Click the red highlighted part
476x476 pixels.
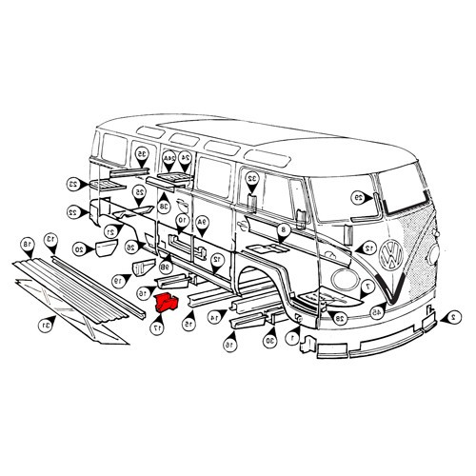pyautogui.click(x=168, y=304)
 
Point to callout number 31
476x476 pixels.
pyautogui.click(x=44, y=325)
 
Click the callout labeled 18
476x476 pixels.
pyautogui.click(x=28, y=246)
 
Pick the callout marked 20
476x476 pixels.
pyautogui.click(x=79, y=249)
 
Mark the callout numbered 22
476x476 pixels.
pyautogui.click(x=72, y=211)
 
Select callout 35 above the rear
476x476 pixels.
pyautogui.click(x=141, y=153)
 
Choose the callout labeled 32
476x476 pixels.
pyautogui.click(x=252, y=179)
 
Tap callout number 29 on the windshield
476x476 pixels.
pyautogui.click(x=358, y=197)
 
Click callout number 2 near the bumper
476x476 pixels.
pyautogui.click(x=454, y=316)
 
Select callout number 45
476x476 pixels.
pyautogui.click(x=377, y=311)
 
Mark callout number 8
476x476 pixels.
pyautogui.click(x=283, y=231)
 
